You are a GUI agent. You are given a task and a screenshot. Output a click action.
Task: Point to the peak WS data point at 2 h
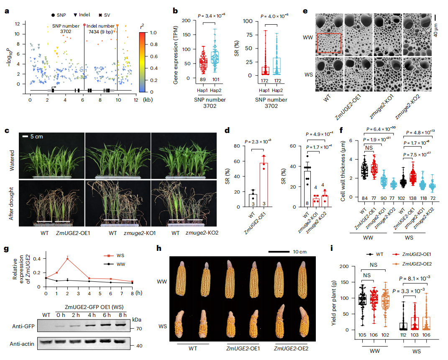(x=68, y=258)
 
